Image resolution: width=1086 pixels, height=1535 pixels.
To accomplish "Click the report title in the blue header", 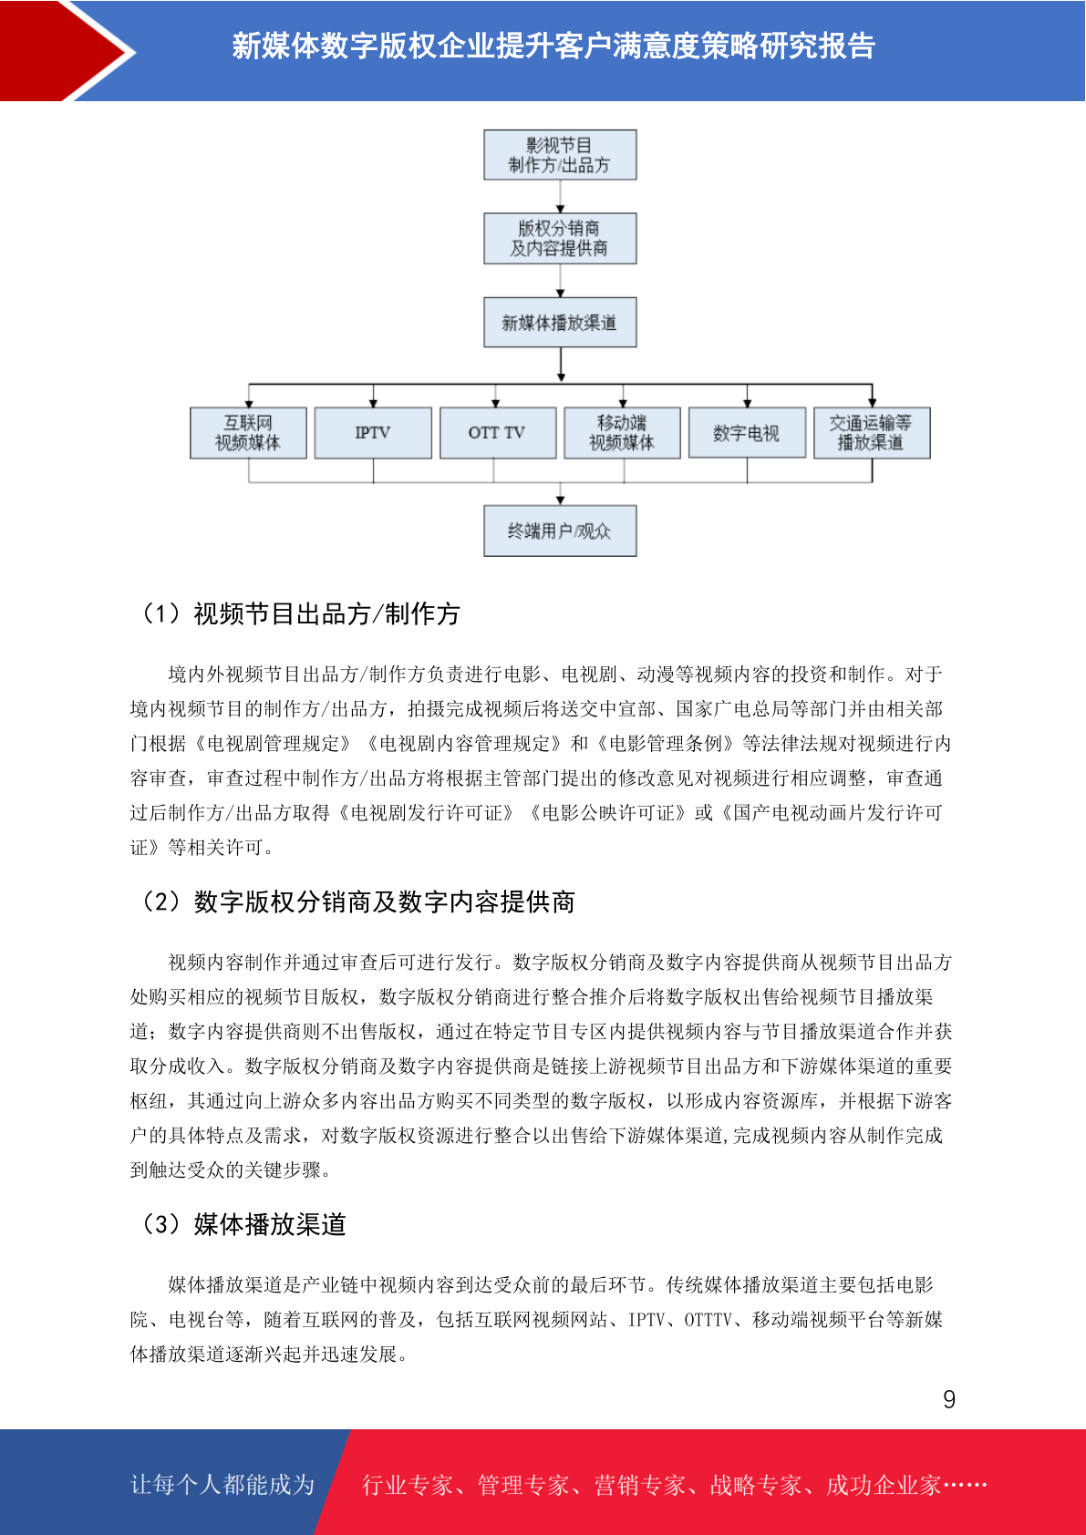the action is [553, 46].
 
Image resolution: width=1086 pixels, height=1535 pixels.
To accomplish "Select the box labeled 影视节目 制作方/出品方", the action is [560, 155].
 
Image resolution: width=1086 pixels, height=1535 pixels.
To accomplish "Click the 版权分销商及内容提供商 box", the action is [560, 239].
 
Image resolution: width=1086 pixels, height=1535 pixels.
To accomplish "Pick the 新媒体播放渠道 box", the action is [560, 322].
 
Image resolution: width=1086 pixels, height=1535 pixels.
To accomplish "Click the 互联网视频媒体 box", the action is [248, 433].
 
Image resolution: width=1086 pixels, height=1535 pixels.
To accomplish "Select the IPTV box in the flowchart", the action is [373, 433].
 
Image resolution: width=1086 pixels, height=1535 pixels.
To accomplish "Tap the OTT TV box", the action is [498, 433].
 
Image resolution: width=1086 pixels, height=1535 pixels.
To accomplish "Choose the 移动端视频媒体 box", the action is [622, 433].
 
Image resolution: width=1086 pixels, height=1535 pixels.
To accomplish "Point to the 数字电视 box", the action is [747, 433].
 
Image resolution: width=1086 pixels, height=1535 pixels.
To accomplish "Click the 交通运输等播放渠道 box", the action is [872, 433].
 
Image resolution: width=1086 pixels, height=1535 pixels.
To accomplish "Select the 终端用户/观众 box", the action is [560, 531].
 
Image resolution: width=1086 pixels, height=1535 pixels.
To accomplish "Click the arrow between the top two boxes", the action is [560, 197].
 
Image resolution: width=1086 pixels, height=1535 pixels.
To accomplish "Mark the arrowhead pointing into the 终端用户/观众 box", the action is [560, 501].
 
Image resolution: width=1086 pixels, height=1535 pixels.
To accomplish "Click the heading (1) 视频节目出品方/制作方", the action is [299, 614].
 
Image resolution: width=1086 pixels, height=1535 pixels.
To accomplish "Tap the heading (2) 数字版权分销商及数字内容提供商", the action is [357, 901].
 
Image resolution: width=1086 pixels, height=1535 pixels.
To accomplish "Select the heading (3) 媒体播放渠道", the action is [242, 1224].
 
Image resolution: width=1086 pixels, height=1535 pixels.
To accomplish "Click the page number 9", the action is [949, 1399].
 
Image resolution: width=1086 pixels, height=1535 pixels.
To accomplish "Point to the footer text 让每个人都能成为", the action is [222, 1485].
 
